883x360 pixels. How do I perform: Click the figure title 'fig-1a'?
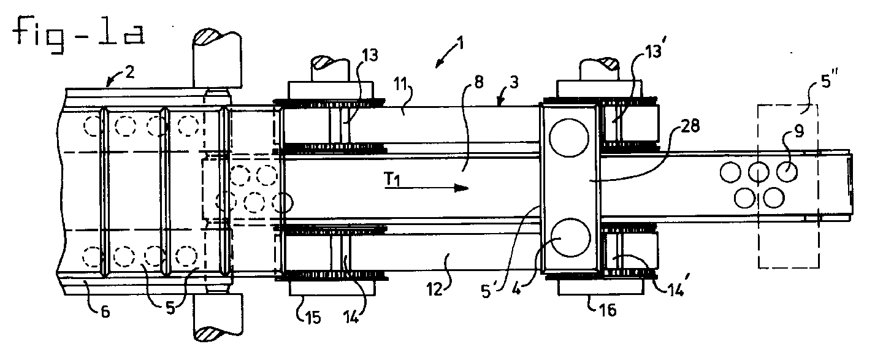click(x=79, y=35)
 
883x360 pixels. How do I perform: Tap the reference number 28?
click(x=689, y=126)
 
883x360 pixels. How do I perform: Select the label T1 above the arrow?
click(x=392, y=180)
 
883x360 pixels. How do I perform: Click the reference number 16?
click(x=607, y=310)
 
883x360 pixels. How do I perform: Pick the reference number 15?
click(x=313, y=318)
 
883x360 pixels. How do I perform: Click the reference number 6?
click(x=105, y=312)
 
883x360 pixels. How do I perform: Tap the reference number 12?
click(x=435, y=290)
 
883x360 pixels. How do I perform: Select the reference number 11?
click(x=401, y=85)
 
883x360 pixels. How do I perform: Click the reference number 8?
click(x=478, y=83)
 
